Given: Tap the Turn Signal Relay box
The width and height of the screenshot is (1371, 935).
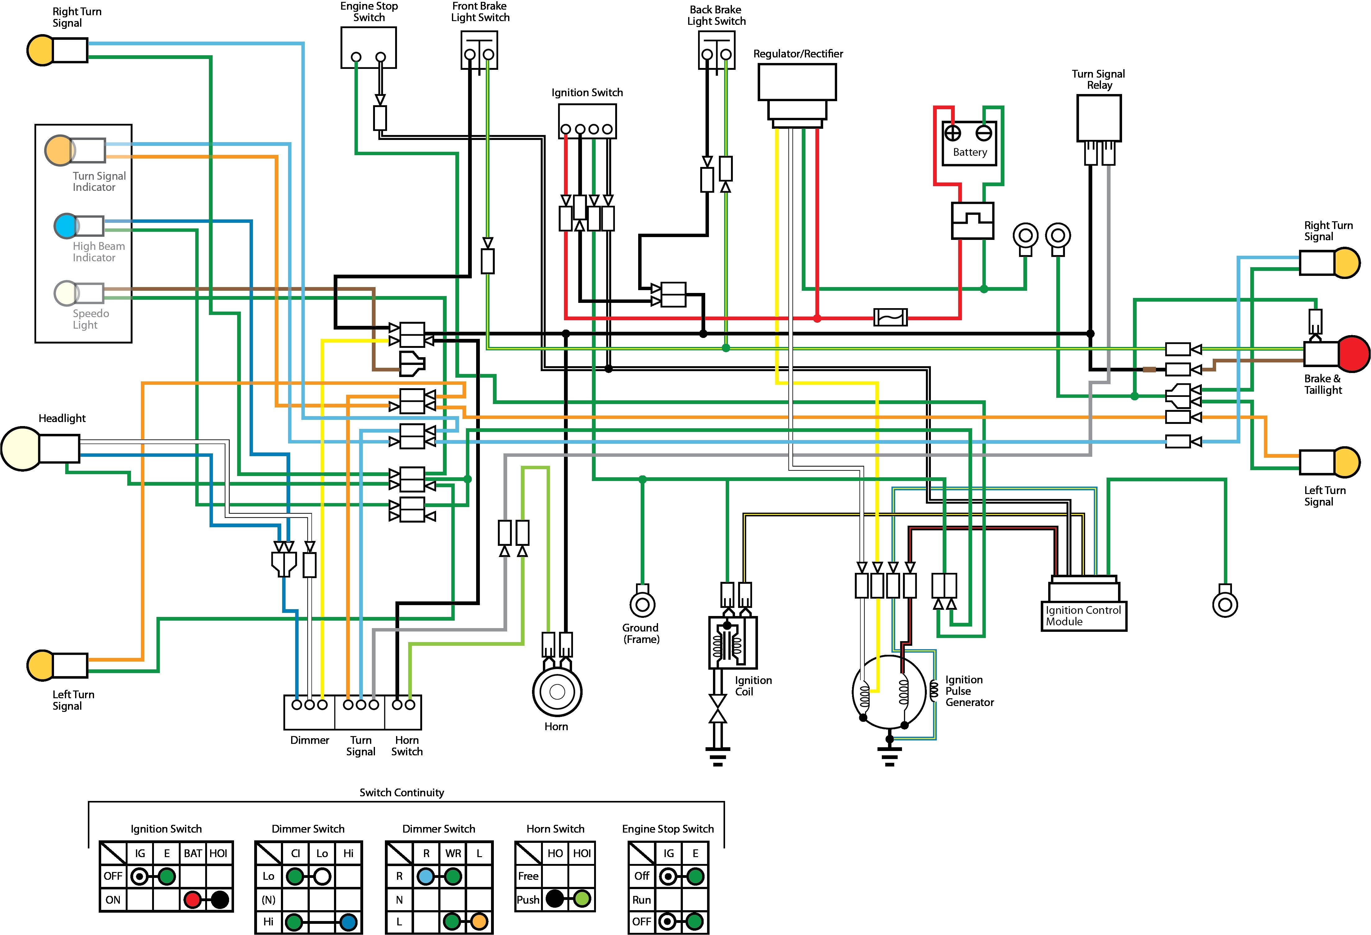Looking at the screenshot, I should pyautogui.click(x=1098, y=118).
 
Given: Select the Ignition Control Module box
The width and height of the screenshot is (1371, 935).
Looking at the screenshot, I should pyautogui.click(x=1084, y=615).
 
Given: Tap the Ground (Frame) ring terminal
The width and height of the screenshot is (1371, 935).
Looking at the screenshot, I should pyautogui.click(x=643, y=604).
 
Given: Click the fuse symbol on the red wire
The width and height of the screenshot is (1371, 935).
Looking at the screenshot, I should pyautogui.click(x=890, y=317).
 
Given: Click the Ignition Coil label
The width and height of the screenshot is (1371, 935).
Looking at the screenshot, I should pyautogui.click(x=753, y=686).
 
